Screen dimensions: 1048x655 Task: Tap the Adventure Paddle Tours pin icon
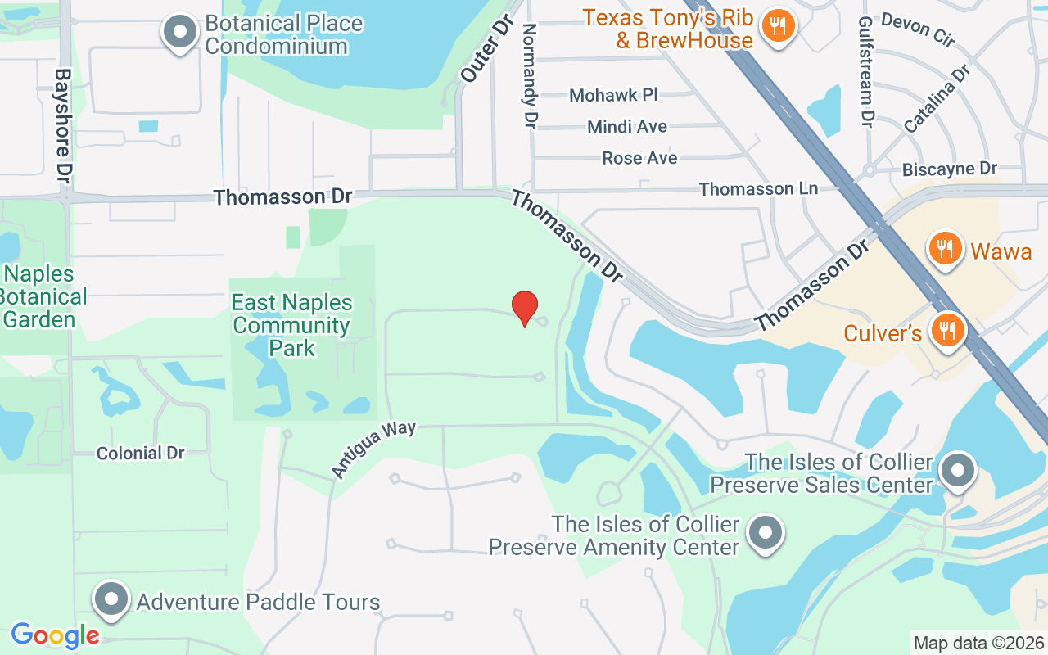click(x=111, y=601)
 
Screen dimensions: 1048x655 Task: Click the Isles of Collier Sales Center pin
click(x=955, y=471)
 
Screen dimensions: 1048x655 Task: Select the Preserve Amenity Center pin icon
click(x=766, y=534)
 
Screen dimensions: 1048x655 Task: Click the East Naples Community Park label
click(x=292, y=325)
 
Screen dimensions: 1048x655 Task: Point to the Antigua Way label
click(x=373, y=449)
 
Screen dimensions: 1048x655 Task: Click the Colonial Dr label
click(x=141, y=453)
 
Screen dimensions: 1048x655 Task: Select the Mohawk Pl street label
click(x=613, y=95)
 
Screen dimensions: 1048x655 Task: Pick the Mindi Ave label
click(x=627, y=127)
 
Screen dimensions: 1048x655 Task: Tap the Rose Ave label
click(x=639, y=157)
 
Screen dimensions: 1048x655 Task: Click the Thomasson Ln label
click(x=758, y=189)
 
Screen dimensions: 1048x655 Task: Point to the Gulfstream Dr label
click(x=866, y=71)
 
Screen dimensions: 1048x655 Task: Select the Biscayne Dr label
click(x=950, y=169)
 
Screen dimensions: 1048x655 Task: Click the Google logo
click(x=55, y=635)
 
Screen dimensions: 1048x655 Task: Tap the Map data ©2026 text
click(x=979, y=643)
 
